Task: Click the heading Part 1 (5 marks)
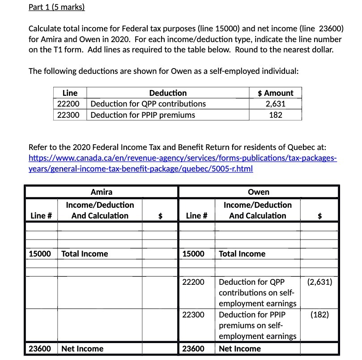tap(56, 7)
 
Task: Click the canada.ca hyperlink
tap(182, 163)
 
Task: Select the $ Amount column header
tap(275, 93)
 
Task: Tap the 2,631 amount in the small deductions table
tap(275, 104)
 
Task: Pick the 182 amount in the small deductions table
tap(275, 115)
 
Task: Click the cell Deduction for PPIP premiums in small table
tap(143, 115)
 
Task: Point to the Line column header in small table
tap(69, 93)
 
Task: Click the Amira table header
tap(102, 192)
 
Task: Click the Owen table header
tap(258, 192)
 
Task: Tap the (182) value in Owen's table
tap(319, 314)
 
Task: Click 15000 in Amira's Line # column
tap(40, 254)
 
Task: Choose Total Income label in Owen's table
tap(242, 254)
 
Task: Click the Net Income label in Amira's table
tap(82, 349)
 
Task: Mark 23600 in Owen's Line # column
tap(193, 349)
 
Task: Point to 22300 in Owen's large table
tap(193, 314)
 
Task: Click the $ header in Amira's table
tap(160, 216)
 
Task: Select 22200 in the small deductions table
tap(69, 104)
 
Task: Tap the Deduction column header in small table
tap(168, 93)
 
